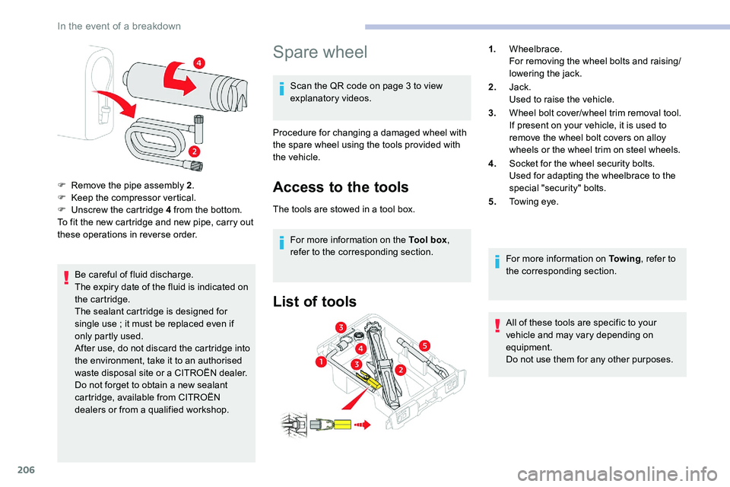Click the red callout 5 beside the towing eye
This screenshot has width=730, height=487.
point(424,345)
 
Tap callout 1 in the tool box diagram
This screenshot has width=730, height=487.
point(322,363)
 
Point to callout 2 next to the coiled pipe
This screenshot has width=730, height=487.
point(195,152)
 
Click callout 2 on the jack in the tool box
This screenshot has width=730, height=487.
point(401,369)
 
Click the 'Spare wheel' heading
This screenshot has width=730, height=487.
point(319,52)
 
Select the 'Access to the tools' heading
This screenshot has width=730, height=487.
point(340,187)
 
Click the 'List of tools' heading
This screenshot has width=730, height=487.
point(314,302)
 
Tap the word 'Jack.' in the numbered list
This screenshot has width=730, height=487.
point(520,87)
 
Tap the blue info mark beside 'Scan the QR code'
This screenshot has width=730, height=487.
point(282,92)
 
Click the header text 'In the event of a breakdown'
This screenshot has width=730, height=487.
point(119,26)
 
